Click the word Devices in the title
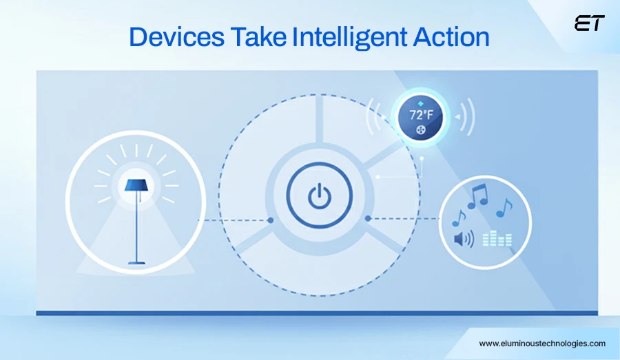pyautogui.click(x=177, y=36)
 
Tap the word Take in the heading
pyautogui.click(x=258, y=36)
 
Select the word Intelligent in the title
pyautogui.click(x=349, y=38)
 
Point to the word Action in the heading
pyautogui.click(x=451, y=36)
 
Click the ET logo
pyautogui.click(x=590, y=23)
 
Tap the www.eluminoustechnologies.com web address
pyautogui.click(x=542, y=343)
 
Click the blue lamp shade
pyautogui.click(x=136, y=185)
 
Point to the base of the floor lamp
pyautogui.click(x=136, y=262)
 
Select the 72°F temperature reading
pyautogui.click(x=421, y=115)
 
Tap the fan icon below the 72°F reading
pyautogui.click(x=421, y=130)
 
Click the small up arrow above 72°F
pyautogui.click(x=421, y=103)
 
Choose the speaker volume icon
pyautogui.click(x=464, y=239)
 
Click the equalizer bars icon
pyautogui.click(x=497, y=239)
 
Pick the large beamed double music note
pyautogui.click(x=478, y=196)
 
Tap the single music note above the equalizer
pyautogui.click(x=504, y=208)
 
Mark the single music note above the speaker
pyautogui.click(x=459, y=218)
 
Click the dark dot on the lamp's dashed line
pyautogui.click(x=271, y=220)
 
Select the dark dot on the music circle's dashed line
pyautogui.click(x=368, y=218)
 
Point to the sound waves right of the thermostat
pyautogui.click(x=466, y=117)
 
